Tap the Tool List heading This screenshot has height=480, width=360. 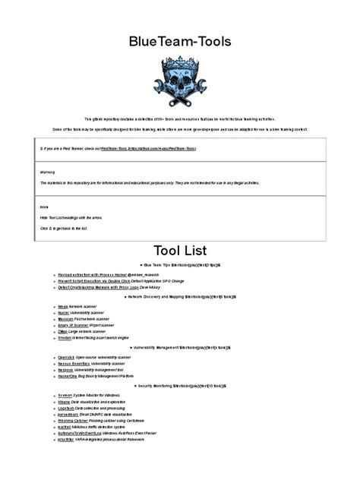pyautogui.click(x=179, y=250)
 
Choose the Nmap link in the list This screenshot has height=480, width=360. pyautogui.click(x=62, y=305)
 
